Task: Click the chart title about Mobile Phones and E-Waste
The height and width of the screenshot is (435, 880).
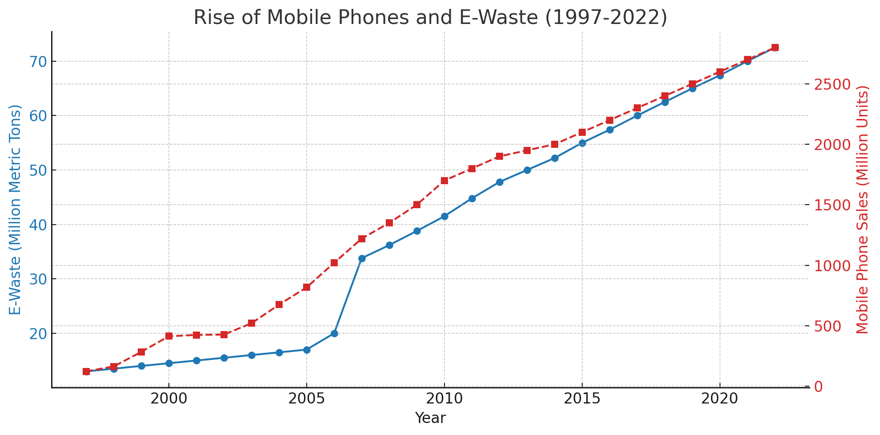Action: point(430,18)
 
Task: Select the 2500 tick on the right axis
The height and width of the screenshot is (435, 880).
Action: point(832,84)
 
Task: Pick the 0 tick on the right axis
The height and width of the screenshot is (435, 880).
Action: point(818,387)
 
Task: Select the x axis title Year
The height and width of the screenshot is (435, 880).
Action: point(430,418)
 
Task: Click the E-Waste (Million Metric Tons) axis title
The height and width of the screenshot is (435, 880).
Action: point(15,210)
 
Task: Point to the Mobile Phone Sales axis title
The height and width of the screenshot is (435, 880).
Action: point(862,210)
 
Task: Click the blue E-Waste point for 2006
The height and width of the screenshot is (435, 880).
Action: point(334,333)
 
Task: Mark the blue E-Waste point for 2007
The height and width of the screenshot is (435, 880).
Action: point(362,258)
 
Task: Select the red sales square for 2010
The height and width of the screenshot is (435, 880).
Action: point(444,181)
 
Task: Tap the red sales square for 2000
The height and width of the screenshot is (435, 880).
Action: point(169,336)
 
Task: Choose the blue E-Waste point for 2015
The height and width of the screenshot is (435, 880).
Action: point(582,143)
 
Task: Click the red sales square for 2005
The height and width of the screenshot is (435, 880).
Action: point(307,287)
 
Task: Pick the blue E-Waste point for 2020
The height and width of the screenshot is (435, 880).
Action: point(720,75)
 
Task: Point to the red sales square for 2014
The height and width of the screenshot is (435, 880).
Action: point(555,144)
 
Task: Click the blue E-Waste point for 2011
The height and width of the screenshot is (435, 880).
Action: point(472,198)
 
